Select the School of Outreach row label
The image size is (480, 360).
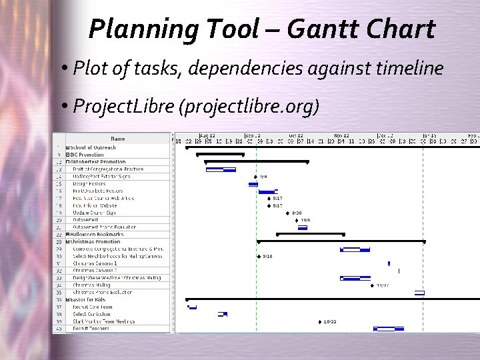coord(93,147)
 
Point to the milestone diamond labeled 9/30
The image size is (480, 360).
coord(285,213)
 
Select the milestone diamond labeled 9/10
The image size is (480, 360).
coord(259,256)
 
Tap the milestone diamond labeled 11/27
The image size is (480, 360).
coord(372,285)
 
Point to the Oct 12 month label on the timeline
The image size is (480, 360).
coord(296,135)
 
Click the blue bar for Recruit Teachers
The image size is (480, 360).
coord(388,329)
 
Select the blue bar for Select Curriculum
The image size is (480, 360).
coord(223,314)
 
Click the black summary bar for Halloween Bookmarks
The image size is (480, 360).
coord(311,234)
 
